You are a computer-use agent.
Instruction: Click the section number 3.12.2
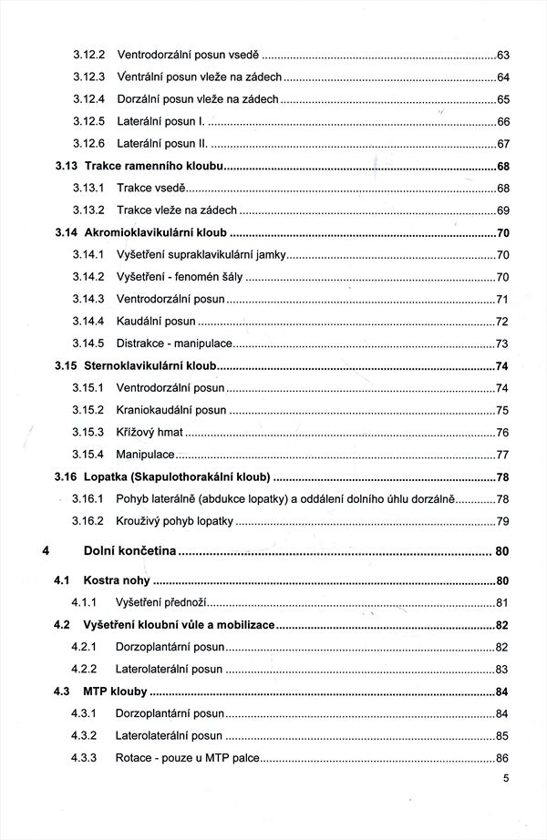(88, 55)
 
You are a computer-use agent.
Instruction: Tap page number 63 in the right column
(502, 55)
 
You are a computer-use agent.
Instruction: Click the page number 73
(502, 343)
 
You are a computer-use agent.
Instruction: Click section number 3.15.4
(88, 455)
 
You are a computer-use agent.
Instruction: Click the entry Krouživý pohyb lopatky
(175, 521)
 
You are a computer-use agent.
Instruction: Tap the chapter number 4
(45, 550)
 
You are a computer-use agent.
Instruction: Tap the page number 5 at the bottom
(505, 779)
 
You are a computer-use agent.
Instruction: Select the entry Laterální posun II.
(163, 144)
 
